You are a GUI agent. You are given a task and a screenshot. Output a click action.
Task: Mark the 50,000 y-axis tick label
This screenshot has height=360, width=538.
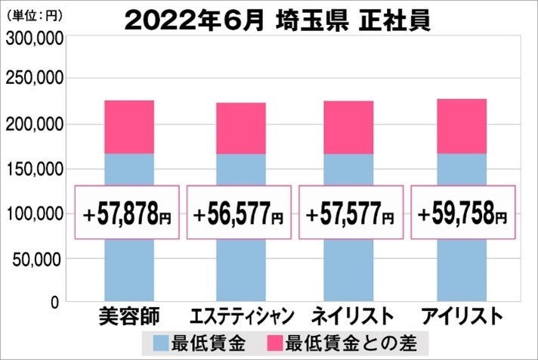[37, 259]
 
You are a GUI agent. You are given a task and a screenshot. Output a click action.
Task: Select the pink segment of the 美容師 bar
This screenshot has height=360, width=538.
[128, 127]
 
